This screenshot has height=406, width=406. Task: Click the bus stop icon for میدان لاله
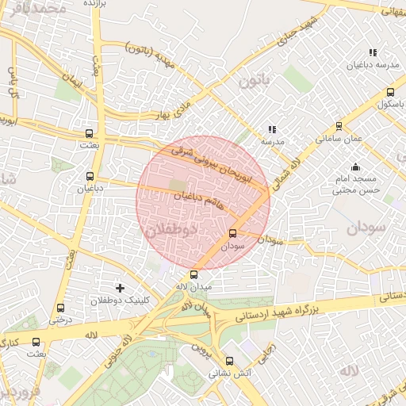click(194, 274)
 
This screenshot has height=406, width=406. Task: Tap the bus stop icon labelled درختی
click(61, 308)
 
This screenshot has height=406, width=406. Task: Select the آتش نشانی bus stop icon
click(229, 360)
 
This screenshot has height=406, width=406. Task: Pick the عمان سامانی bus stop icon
click(339, 125)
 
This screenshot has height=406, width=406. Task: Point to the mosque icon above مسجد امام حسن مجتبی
click(355, 167)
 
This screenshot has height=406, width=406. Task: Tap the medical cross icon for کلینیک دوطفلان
click(120, 287)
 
